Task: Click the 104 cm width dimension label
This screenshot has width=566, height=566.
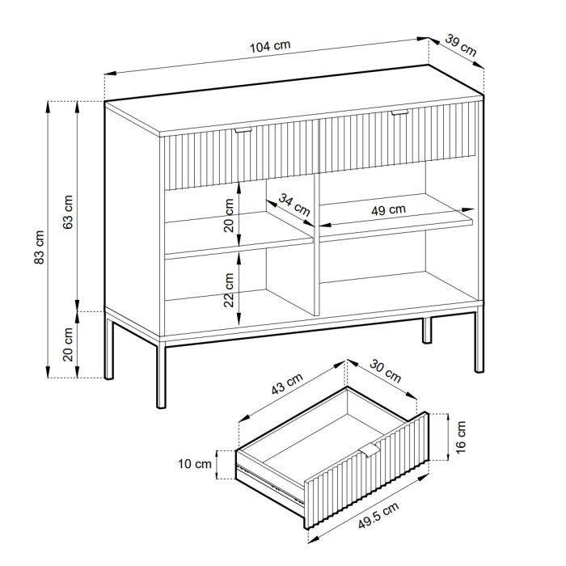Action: (x=270, y=46)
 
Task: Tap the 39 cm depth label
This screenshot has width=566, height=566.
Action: (x=460, y=44)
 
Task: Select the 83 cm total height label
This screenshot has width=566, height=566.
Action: (x=40, y=247)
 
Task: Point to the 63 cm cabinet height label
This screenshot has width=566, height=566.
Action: (x=68, y=212)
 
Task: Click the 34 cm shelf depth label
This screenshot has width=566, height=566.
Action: (x=294, y=205)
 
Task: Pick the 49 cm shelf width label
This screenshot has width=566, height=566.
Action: (x=388, y=209)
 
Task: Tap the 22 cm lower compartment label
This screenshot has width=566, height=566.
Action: (x=229, y=289)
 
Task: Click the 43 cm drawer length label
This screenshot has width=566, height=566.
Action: (x=287, y=384)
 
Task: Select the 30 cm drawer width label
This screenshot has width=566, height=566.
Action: (x=385, y=371)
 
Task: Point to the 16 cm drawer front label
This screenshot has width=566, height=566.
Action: (x=461, y=437)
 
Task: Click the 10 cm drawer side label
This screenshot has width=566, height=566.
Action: (x=195, y=464)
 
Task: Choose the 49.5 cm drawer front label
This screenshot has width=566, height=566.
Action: (x=378, y=515)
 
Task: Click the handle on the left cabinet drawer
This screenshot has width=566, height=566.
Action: (x=243, y=129)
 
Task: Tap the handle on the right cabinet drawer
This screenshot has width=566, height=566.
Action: (x=399, y=112)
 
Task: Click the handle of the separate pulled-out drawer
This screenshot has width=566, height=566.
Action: (x=369, y=450)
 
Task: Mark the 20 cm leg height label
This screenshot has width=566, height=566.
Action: (x=68, y=344)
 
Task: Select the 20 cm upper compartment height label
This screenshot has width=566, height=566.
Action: (x=229, y=216)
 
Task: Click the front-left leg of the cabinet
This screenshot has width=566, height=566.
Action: (x=161, y=375)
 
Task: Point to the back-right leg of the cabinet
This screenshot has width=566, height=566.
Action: (x=427, y=330)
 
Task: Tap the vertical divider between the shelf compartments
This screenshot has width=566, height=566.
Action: (x=317, y=246)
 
